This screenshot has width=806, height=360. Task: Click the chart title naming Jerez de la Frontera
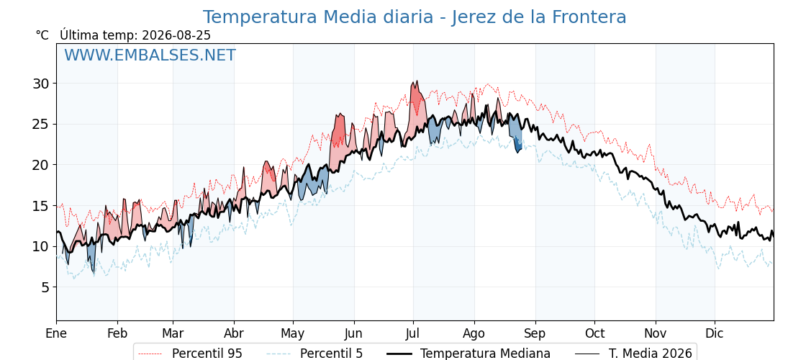click(x=415, y=17)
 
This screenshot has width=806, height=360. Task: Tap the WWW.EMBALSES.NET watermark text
click(x=150, y=55)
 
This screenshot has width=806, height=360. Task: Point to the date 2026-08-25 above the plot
click(x=176, y=35)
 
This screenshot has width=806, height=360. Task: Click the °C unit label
click(x=42, y=35)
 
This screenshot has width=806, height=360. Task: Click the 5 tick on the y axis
click(x=45, y=287)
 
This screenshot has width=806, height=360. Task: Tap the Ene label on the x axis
click(x=56, y=333)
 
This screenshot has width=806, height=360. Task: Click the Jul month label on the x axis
click(x=413, y=333)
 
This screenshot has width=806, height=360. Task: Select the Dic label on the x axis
click(x=714, y=333)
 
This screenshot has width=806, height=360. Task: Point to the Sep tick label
click(x=535, y=334)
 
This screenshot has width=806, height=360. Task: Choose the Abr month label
click(x=234, y=333)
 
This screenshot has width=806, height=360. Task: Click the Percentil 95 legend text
click(x=207, y=354)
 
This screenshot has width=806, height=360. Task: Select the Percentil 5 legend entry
click(x=332, y=354)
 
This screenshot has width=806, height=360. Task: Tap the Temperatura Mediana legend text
click(x=485, y=354)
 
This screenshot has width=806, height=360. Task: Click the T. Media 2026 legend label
click(x=651, y=354)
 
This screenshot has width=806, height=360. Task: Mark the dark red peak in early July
click(x=417, y=94)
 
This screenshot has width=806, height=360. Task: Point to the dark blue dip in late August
click(x=518, y=145)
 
